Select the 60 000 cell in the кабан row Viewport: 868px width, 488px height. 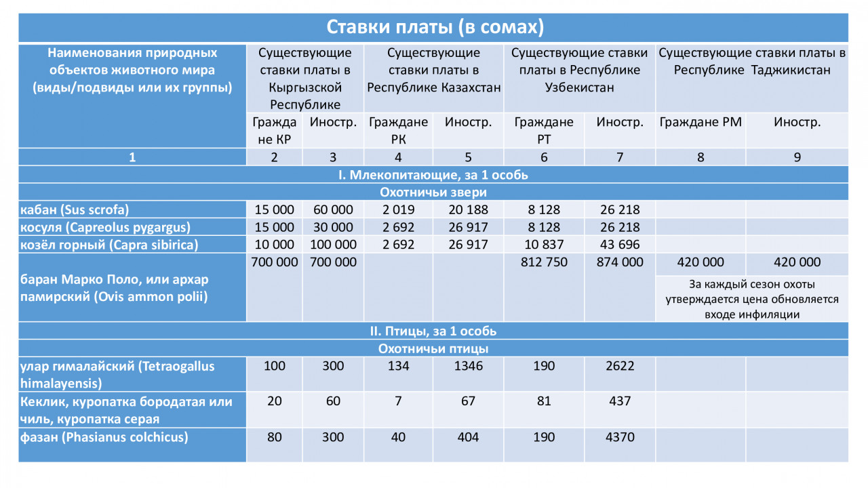(332, 209)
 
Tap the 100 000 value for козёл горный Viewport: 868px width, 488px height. (332, 245)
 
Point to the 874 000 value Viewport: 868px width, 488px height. (619, 262)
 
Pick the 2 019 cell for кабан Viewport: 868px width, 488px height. (398, 209)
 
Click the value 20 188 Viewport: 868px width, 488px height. (468, 209)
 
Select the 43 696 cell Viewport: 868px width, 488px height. (619, 245)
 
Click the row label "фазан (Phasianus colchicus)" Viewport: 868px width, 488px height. (103, 437)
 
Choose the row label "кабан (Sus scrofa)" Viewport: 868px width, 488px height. (75, 209)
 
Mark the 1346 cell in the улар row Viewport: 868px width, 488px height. (468, 367)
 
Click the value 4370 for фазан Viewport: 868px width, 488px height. (619, 437)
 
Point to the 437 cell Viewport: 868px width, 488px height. (619, 401)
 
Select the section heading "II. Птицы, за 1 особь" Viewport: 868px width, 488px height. (433, 331)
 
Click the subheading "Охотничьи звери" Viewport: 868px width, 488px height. (433, 192)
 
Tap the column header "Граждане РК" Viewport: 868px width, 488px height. (398, 130)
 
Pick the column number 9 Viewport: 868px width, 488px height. (797, 157)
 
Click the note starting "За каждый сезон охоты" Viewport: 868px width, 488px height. (751, 299)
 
